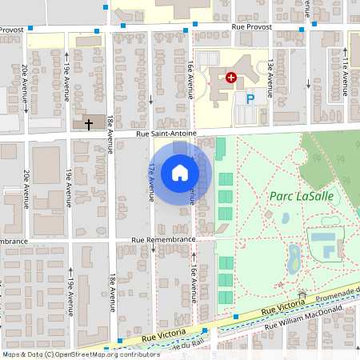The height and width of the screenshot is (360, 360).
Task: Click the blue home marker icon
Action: coord(180,173)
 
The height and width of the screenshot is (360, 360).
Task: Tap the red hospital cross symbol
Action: coord(231,78)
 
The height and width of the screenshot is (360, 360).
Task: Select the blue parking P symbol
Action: coord(250,98)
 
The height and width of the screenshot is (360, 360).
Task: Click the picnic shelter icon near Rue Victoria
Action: coord(302,294)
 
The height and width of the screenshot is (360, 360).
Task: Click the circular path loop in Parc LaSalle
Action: coord(299,154)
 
